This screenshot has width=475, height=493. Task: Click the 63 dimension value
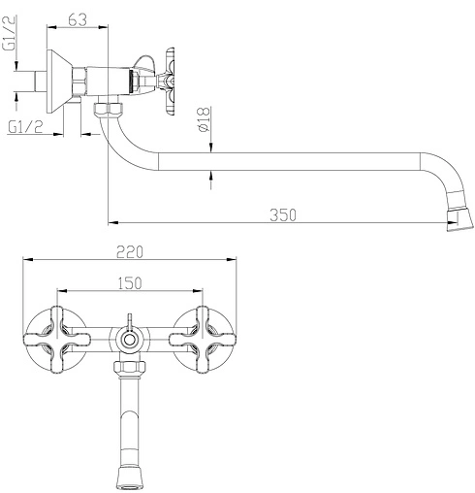click(x=78, y=20)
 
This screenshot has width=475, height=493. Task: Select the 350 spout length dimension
click(x=283, y=215)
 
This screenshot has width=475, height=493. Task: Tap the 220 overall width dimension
click(x=130, y=252)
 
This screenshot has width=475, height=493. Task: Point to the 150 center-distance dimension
click(x=130, y=283)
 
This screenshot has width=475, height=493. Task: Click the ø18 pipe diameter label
click(x=204, y=119)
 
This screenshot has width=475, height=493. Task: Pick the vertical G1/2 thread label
click(x=9, y=34)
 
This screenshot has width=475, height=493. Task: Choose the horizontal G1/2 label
click(x=25, y=126)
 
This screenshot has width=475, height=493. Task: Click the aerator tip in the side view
click(x=460, y=220)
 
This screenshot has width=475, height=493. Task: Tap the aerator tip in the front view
click(x=129, y=477)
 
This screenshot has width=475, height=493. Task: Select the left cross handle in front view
click(x=57, y=340)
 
